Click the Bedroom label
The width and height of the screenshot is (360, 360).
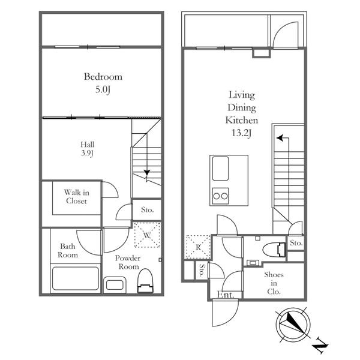[x=103, y=77]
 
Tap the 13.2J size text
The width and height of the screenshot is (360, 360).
[x=242, y=133]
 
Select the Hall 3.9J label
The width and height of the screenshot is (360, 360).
[x=87, y=149]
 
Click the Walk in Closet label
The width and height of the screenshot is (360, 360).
[x=76, y=197]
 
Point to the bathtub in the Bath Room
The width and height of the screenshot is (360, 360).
[x=76, y=278]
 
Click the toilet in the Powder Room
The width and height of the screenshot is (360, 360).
[x=145, y=281]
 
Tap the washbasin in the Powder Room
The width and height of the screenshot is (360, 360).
[x=115, y=285]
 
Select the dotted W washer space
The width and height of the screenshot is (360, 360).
[x=147, y=235]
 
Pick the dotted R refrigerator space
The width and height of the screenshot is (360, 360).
[x=198, y=247]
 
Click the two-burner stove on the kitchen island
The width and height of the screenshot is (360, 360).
[x=220, y=196]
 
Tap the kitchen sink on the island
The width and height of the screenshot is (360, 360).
[x=220, y=169]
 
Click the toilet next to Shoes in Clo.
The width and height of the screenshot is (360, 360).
[x=274, y=250]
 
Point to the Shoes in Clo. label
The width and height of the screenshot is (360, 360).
[x=274, y=283]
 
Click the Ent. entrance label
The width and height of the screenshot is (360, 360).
[x=226, y=295]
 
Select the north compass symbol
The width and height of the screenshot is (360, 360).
[x=293, y=325]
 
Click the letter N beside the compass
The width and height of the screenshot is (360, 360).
[x=321, y=345]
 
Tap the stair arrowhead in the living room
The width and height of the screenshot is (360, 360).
[x=280, y=138]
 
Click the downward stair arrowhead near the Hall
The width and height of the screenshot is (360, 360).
[x=147, y=172]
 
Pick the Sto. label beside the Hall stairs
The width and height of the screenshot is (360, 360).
[x=148, y=209]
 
